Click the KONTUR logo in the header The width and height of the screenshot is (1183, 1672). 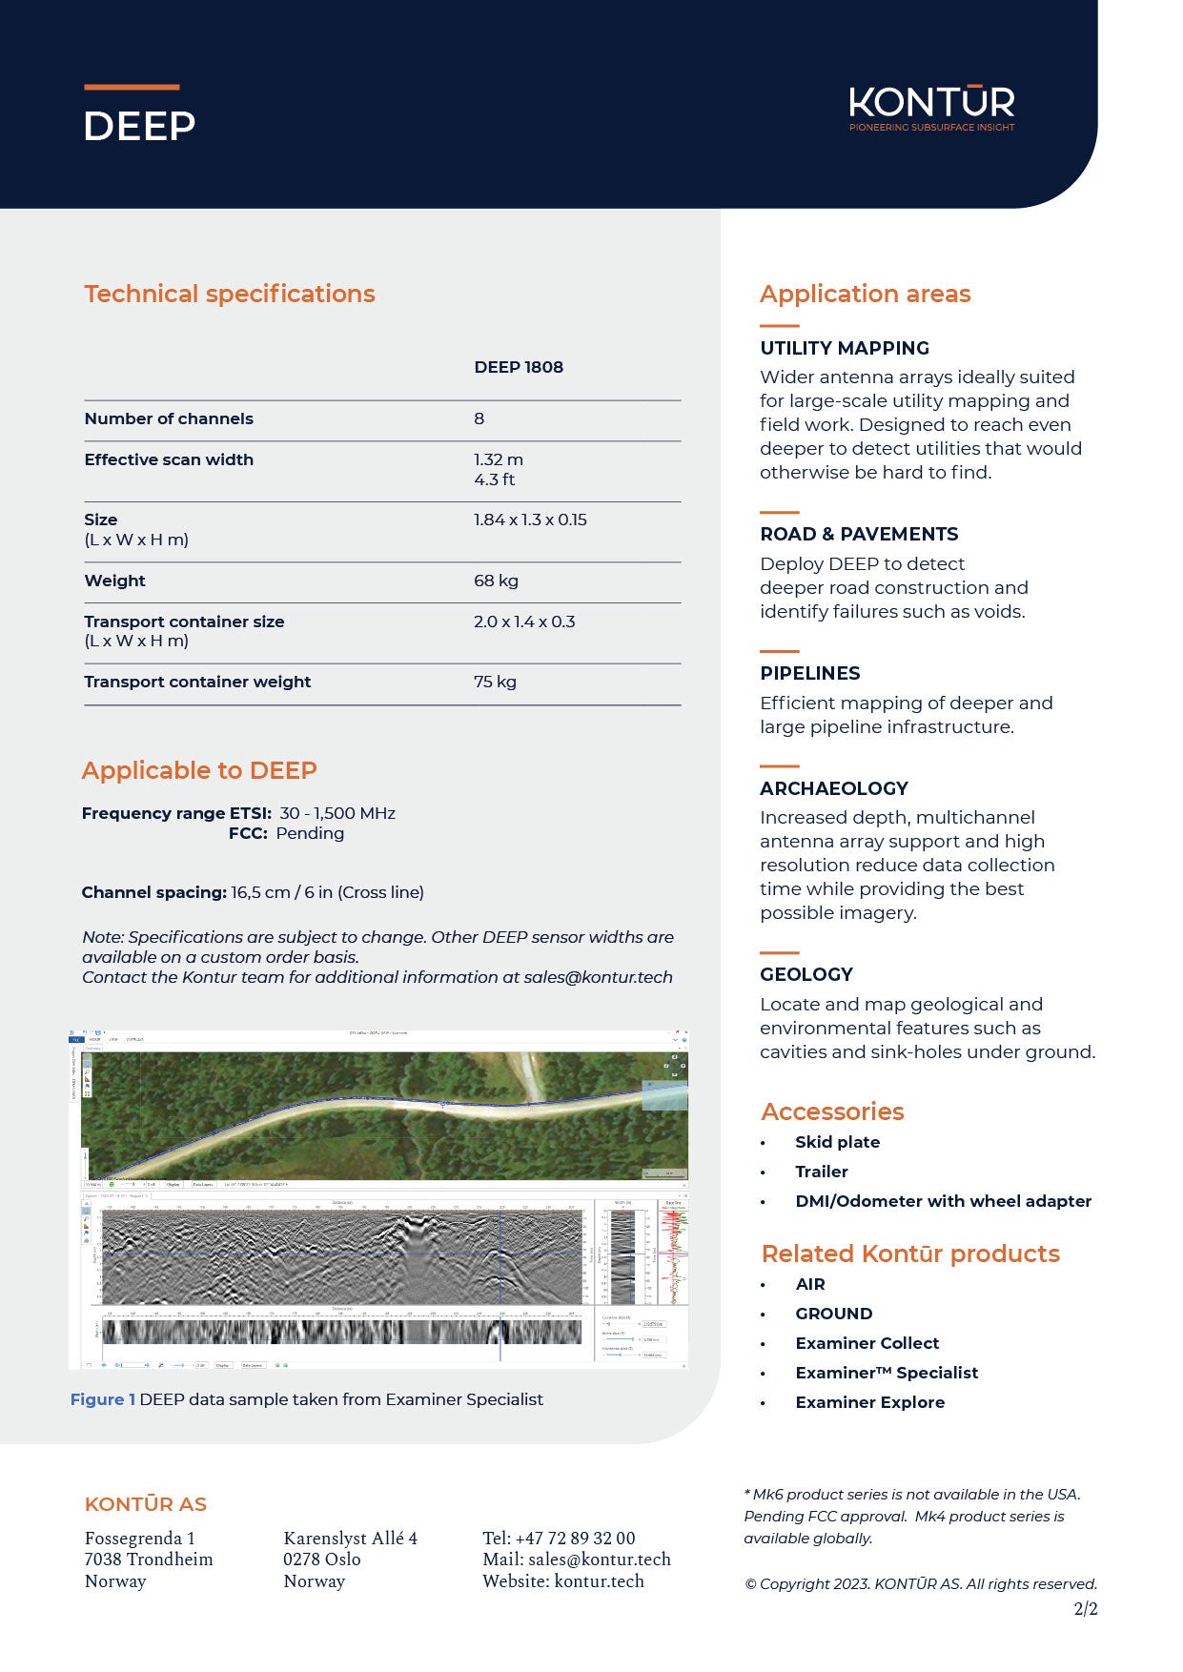pyautogui.click(x=931, y=108)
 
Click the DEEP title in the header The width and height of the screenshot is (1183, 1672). pyautogui.click(x=139, y=126)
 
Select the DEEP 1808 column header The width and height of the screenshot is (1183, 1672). pyautogui.click(x=519, y=367)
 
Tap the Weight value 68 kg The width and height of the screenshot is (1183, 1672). pyautogui.click(x=496, y=581)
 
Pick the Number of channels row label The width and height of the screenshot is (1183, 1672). pyautogui.click(x=169, y=418)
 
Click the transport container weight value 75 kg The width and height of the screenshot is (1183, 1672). pyautogui.click(x=495, y=682)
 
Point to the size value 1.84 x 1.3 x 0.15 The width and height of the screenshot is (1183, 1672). pyautogui.click(x=530, y=520)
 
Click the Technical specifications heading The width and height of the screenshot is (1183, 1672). pyautogui.click(x=230, y=294)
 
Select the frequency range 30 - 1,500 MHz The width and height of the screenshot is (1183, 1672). pyautogui.click(x=337, y=813)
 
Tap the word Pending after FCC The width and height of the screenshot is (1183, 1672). pyautogui.click(x=310, y=833)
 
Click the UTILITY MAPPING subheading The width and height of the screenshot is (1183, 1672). pyautogui.click(x=845, y=348)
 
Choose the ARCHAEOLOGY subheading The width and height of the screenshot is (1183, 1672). pyautogui.click(x=834, y=788)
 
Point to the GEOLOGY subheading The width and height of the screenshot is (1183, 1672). pyautogui.click(x=806, y=974)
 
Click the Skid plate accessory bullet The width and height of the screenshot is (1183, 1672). pyautogui.click(x=837, y=1142)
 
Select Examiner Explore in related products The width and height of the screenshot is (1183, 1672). pyautogui.click(x=869, y=1402)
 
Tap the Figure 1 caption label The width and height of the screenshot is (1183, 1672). pyautogui.click(x=103, y=1399)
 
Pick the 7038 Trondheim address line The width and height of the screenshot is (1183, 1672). pyautogui.click(x=149, y=1560)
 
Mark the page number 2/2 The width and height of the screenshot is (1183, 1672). pyautogui.click(x=1086, y=1609)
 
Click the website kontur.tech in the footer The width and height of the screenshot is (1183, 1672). pyautogui.click(x=599, y=1581)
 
